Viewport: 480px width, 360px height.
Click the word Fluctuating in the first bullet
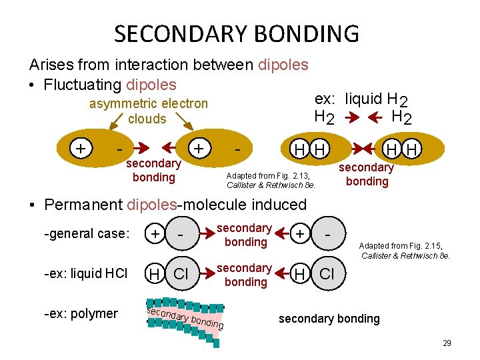pos(81,85)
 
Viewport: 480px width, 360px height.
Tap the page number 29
pos(447,343)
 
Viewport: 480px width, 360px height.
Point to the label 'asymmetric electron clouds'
pos(149,111)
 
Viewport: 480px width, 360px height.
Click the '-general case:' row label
pos(85,233)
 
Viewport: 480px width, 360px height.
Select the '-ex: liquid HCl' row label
pos(85,273)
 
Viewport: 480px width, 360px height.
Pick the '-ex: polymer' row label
pos(81,313)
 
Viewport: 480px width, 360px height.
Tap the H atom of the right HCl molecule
pos(301,273)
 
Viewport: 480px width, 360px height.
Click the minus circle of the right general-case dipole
pos(327,233)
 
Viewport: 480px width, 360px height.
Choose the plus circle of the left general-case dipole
pos(155,233)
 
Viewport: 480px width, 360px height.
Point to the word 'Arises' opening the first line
pos(51,65)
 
